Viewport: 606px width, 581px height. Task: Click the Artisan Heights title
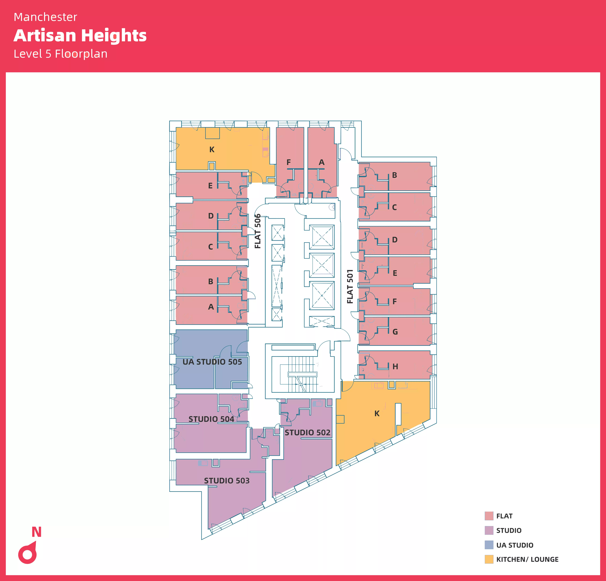[x=80, y=36]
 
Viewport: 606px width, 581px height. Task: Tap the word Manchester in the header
[x=45, y=17]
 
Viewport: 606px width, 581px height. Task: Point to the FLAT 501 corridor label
[x=350, y=286]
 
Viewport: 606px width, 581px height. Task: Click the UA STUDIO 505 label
[x=212, y=362]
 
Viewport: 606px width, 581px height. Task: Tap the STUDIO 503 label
[x=227, y=481]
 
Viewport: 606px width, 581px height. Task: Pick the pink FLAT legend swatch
[x=489, y=516]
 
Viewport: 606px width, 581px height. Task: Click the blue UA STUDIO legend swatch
[x=489, y=545]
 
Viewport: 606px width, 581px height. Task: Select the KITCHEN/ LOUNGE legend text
[x=527, y=559]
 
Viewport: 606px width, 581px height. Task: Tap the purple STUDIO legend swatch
[x=489, y=530]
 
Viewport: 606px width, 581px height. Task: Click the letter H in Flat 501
[x=395, y=366]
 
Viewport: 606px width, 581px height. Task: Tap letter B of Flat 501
[x=395, y=175]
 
